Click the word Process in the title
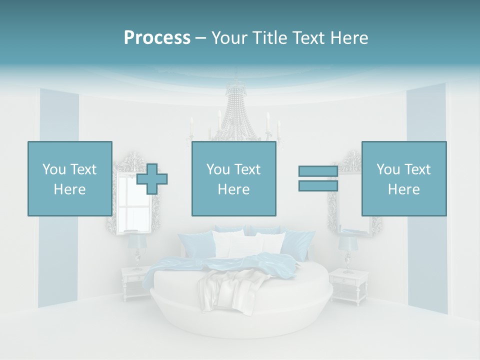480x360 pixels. pyautogui.click(x=157, y=38)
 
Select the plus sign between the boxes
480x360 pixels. pyautogui.click(x=152, y=178)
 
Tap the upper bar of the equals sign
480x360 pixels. pyautogui.click(x=318, y=171)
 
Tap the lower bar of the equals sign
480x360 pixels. pyautogui.click(x=318, y=186)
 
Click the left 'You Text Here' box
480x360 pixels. pyautogui.click(x=69, y=178)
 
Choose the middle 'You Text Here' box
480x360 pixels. pyautogui.click(x=233, y=178)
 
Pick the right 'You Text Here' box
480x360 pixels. pyautogui.click(x=403, y=178)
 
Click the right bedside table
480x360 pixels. pyautogui.click(x=348, y=285)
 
